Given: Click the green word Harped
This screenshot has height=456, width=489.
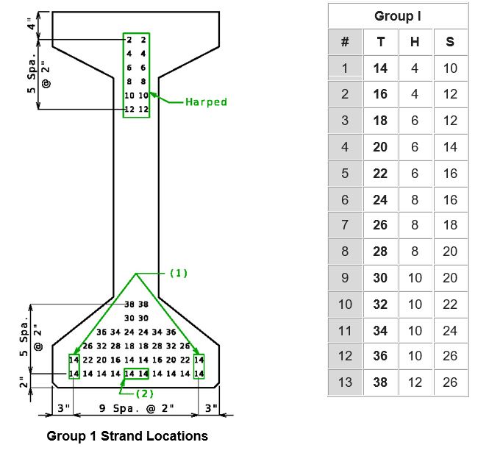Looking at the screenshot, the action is pyautogui.click(x=206, y=102).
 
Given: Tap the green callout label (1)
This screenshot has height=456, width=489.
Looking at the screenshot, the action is pyautogui.click(x=179, y=273).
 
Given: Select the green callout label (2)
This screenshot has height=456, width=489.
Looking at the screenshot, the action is pyautogui.click(x=145, y=393).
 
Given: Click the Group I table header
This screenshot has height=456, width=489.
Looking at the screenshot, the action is pyautogui.click(x=398, y=16).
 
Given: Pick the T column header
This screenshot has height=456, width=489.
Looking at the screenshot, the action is pyautogui.click(x=380, y=42).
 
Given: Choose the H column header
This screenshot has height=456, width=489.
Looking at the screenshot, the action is pyautogui.click(x=415, y=42).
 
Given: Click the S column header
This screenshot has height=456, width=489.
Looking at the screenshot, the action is pyautogui.click(x=450, y=42).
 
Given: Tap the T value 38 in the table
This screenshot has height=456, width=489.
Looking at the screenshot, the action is pyautogui.click(x=380, y=382).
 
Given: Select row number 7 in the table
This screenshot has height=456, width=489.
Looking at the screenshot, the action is pyautogui.click(x=345, y=225).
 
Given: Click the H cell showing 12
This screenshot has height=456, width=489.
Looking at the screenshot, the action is pyautogui.click(x=415, y=382).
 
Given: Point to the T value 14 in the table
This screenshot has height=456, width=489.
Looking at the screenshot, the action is pyautogui.click(x=380, y=68).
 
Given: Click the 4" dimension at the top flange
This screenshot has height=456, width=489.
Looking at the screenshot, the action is pyautogui.click(x=31, y=24).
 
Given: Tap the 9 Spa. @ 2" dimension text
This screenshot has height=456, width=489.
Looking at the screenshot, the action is pyautogui.click(x=136, y=408).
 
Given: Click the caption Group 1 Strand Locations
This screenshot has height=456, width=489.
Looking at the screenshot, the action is pyautogui.click(x=127, y=436).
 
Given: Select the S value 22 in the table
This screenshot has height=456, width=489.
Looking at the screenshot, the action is pyautogui.click(x=450, y=304).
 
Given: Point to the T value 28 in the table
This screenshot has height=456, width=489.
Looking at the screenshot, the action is pyautogui.click(x=380, y=252).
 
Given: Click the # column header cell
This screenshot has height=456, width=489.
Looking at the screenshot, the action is pyautogui.click(x=345, y=42).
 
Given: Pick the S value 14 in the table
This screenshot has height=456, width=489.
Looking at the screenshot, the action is pyautogui.click(x=450, y=147).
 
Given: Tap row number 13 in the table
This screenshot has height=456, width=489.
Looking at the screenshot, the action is pyautogui.click(x=345, y=382).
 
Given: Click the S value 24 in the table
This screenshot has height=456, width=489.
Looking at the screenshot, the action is pyautogui.click(x=450, y=331).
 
